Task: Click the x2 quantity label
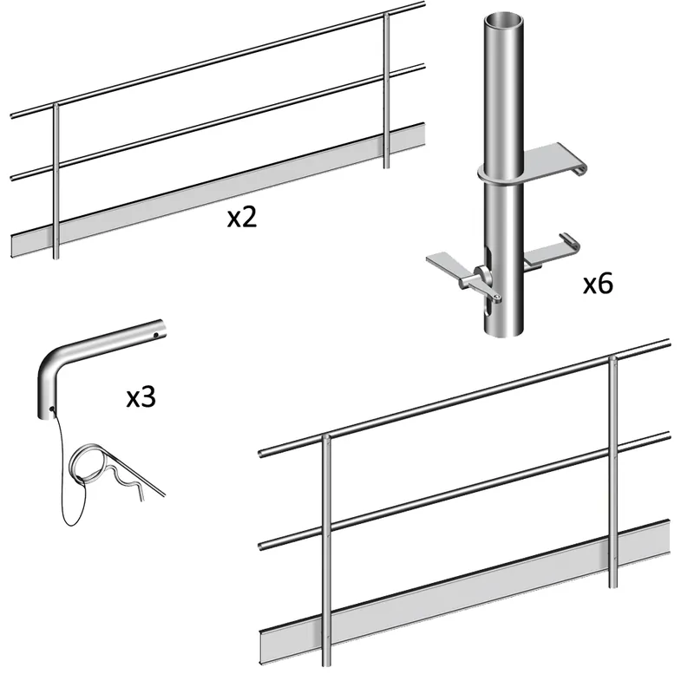pyautogui.click(x=242, y=218)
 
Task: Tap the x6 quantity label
pyautogui.click(x=598, y=284)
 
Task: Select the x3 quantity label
pyautogui.click(x=141, y=397)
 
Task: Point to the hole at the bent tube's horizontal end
pyautogui.click(x=156, y=335)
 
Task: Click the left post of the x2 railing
pyautogui.click(x=56, y=181)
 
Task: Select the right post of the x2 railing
pyautogui.click(x=386, y=91)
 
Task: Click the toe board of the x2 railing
pyautogui.click(x=218, y=190)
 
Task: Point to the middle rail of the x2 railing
pyautogui.click(x=218, y=122)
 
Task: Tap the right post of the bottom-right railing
pyautogui.click(x=613, y=472)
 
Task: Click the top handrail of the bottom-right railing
pyautogui.click(x=465, y=398)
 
